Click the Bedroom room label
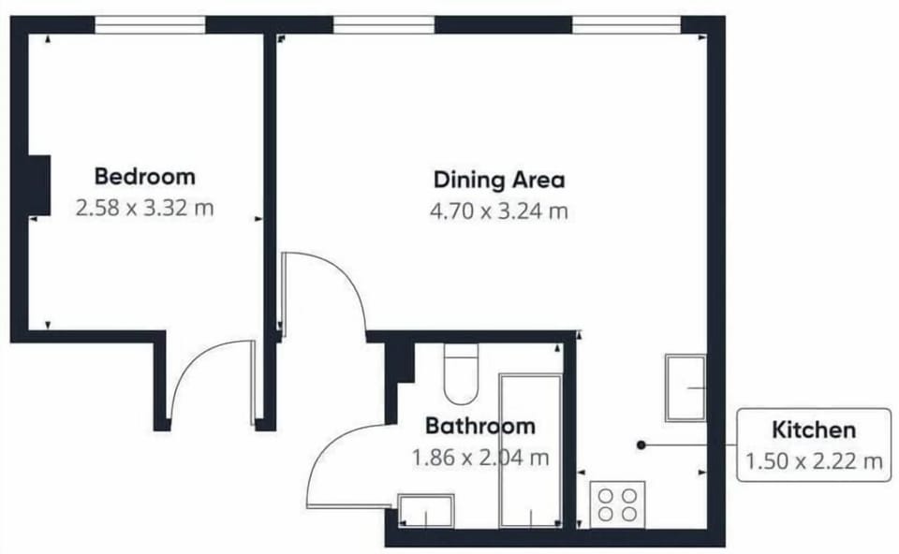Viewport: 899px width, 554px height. click(x=144, y=177)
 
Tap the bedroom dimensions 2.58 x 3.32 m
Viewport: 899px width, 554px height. click(x=144, y=208)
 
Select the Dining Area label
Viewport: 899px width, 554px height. click(x=499, y=180)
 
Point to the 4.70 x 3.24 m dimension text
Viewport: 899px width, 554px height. click(x=499, y=211)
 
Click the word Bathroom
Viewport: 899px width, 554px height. click(x=480, y=426)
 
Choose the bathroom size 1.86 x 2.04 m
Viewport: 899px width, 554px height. click(x=480, y=458)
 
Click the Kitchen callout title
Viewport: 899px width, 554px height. click(x=814, y=430)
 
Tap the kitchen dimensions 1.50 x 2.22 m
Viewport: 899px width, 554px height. click(x=814, y=460)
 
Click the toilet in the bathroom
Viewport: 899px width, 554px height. click(x=461, y=373)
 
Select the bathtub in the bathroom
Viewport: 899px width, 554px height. click(x=530, y=450)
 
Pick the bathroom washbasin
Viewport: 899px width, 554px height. click(x=426, y=510)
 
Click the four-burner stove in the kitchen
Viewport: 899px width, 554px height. click(x=617, y=504)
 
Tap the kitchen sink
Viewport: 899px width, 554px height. click(x=685, y=387)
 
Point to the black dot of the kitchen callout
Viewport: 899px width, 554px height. click(x=641, y=445)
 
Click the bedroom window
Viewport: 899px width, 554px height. click(x=150, y=25)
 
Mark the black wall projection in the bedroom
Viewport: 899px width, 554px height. click(x=39, y=185)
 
